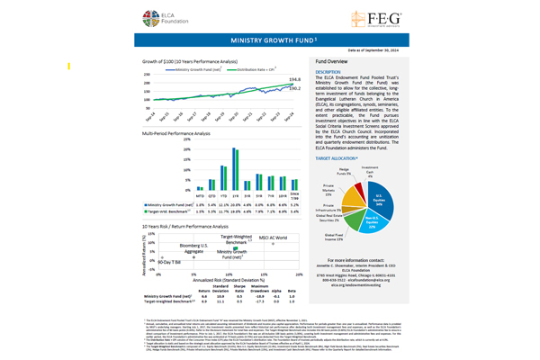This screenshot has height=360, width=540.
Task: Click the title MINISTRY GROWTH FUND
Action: coord(268,40)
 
